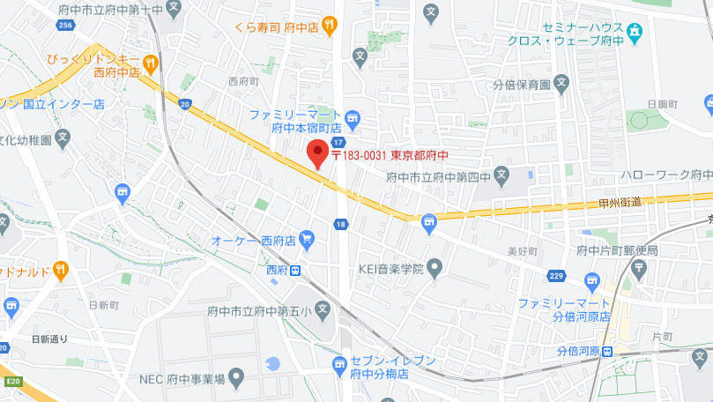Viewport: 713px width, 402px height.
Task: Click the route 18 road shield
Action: click(x=340, y=225)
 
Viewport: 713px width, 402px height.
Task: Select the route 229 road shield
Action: click(x=556, y=275)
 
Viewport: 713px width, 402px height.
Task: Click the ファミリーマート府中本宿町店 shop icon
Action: click(x=353, y=116)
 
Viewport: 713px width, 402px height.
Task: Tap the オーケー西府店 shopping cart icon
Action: click(x=306, y=239)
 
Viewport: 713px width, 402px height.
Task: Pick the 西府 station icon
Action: click(x=296, y=270)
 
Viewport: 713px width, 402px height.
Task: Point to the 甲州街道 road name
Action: click(x=619, y=202)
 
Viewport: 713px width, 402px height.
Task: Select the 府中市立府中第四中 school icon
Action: click(x=501, y=175)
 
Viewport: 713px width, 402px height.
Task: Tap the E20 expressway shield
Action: click(x=12, y=381)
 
